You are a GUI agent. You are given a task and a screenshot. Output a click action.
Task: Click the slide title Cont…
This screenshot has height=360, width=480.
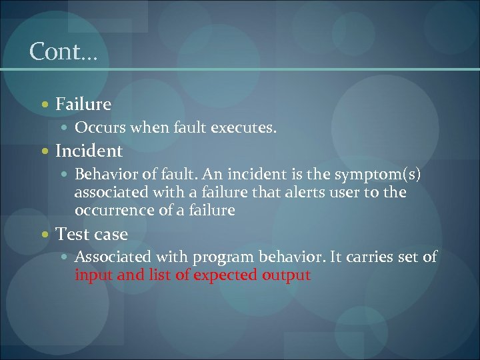(x=63, y=51)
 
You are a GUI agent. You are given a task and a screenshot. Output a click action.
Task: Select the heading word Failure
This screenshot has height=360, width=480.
(x=83, y=104)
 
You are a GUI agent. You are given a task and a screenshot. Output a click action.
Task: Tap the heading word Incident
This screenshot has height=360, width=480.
(x=89, y=151)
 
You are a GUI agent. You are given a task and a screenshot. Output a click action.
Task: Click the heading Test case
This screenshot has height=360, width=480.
(x=91, y=234)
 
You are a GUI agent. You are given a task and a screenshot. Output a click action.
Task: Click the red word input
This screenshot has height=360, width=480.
(x=93, y=275)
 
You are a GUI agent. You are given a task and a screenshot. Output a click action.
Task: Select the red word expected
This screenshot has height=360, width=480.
(x=225, y=275)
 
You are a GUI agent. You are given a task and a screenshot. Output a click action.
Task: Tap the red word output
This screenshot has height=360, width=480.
(x=286, y=275)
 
